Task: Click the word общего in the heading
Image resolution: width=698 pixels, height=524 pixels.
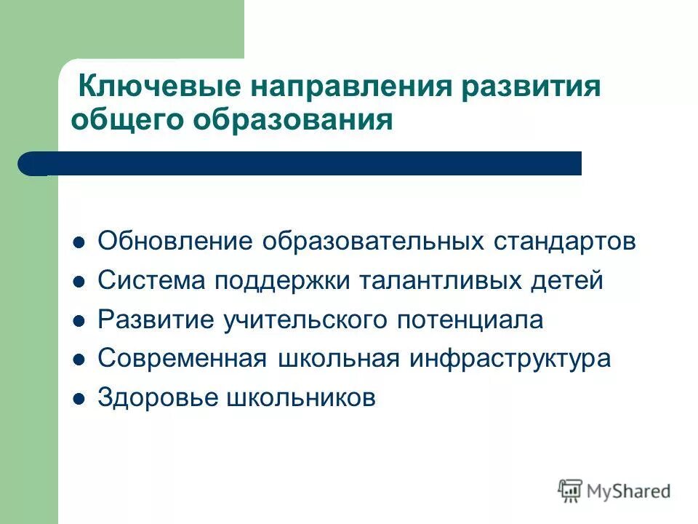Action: [124, 119]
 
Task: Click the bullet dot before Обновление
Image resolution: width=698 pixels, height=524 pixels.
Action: [81, 242]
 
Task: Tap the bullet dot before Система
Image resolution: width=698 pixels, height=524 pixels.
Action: [81, 281]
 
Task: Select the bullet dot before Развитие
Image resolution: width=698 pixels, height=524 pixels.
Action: [81, 320]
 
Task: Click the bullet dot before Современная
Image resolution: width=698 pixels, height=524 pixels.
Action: [81, 360]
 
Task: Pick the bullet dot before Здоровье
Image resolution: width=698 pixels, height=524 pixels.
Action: [81, 399]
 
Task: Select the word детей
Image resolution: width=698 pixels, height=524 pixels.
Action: [570, 281]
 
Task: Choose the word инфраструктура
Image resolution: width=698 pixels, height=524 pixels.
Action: [510, 360]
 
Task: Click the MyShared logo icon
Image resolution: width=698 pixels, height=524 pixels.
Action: [571, 491]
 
